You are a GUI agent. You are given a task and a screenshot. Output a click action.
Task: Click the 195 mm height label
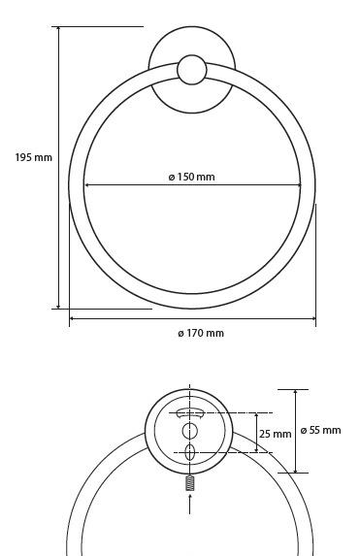pos(34,157)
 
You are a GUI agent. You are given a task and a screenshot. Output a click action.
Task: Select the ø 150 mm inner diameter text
pos(191,177)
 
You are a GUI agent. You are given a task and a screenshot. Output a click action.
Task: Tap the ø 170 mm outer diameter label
pos(201,333)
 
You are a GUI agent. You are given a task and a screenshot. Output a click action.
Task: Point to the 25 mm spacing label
pos(275,434)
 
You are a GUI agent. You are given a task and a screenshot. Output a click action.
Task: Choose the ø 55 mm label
pos(320,430)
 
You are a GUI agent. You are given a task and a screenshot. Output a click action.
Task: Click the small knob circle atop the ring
pos(192,70)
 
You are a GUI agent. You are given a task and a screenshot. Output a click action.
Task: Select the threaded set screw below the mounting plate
pos(190,483)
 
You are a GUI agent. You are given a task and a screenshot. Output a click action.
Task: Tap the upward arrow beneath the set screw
pos(190,504)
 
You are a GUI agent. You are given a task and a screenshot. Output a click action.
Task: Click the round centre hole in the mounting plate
pos(190,431)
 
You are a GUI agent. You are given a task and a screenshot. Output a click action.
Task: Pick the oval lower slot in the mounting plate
pos(190,452)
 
